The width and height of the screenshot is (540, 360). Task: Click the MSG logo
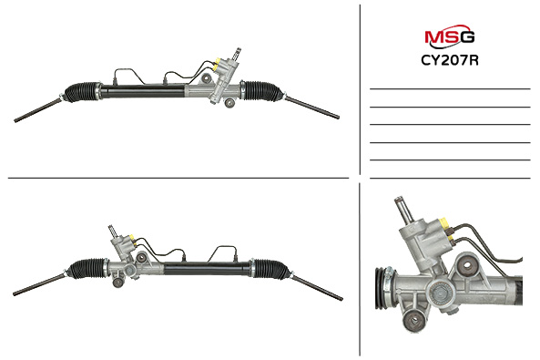pos(450,36)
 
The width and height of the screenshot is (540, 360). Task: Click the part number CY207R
pos(450,60)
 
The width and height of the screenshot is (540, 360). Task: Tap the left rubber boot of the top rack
pos(83,92)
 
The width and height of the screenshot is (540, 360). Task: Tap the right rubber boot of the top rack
pos(261,91)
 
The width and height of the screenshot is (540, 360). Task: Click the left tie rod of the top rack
pos(38,110)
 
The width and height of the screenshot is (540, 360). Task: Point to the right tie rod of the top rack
pos(311,108)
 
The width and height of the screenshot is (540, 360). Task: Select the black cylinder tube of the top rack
pos(143,91)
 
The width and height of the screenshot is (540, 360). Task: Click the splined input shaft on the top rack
pos(237,54)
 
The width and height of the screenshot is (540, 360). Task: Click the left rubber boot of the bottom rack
pos(88,268)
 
